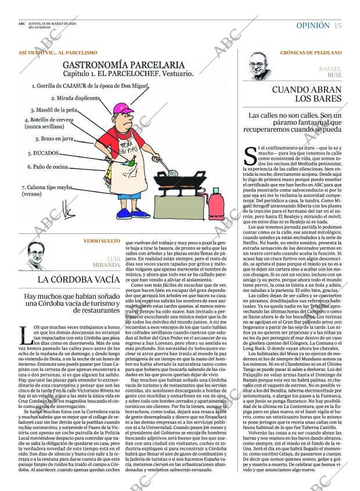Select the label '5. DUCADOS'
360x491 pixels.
click(44, 153)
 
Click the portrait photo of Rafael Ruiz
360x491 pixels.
click(261, 65)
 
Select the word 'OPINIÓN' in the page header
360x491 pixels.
click(312, 26)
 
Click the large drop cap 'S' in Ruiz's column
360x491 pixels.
click(250, 155)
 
